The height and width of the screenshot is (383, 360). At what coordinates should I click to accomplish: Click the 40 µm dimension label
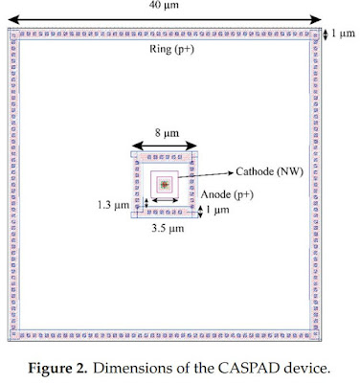[x=164, y=5]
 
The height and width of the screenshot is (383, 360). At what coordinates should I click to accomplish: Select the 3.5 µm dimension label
[x=168, y=228]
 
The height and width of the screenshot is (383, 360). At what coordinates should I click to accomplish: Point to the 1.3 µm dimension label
[x=114, y=205]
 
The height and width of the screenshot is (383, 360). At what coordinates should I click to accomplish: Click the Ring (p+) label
[x=171, y=49]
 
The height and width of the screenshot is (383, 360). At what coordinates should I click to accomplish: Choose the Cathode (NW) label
[x=269, y=171]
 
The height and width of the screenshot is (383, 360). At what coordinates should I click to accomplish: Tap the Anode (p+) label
[x=227, y=194]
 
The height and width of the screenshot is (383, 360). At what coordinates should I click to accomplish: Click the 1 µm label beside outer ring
[x=343, y=34]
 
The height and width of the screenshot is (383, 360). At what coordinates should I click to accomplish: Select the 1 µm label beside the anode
[x=217, y=210]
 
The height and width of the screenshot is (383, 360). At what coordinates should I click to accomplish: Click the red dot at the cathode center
[x=165, y=184]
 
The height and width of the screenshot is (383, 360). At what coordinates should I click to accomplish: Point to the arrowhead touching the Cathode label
[x=232, y=172]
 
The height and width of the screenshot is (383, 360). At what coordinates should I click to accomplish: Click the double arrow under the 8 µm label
[x=165, y=146]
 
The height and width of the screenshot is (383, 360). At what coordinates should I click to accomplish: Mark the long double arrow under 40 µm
[x=165, y=20]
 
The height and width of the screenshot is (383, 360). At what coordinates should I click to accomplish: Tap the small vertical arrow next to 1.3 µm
[x=146, y=203]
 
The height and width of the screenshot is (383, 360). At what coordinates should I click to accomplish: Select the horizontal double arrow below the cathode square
[x=165, y=200]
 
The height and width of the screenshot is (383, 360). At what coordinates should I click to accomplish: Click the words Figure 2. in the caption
[x=57, y=369]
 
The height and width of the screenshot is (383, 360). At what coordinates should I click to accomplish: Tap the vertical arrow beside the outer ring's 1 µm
[x=325, y=34]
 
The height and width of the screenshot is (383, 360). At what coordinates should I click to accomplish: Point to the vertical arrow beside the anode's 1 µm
[x=200, y=212]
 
